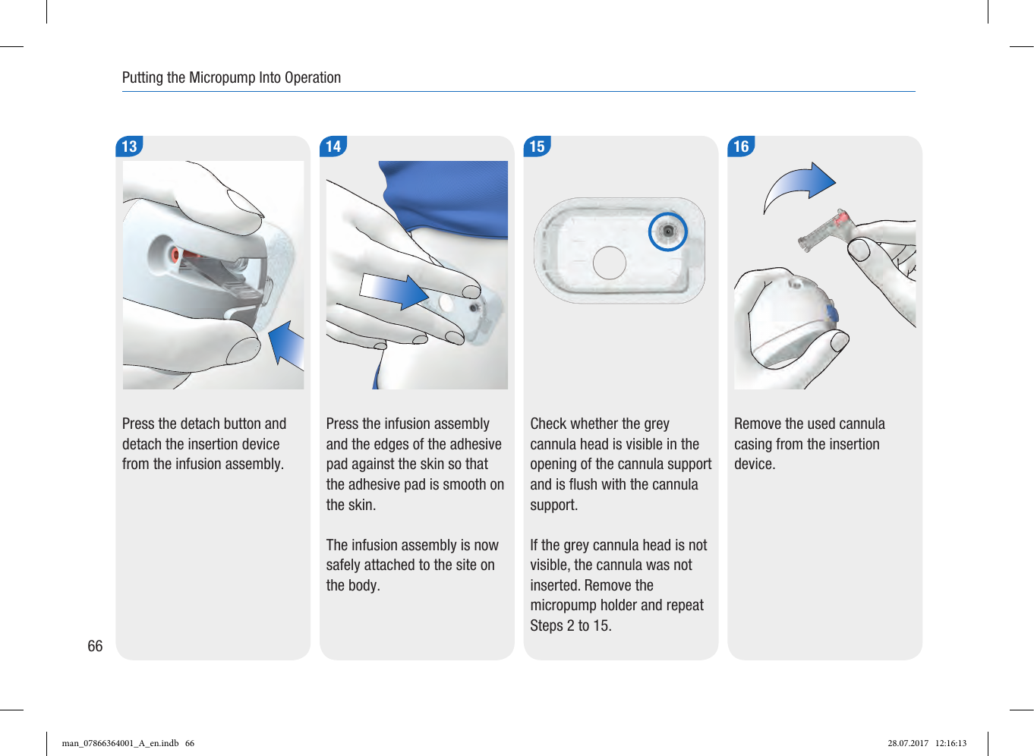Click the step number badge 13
coord(129,146)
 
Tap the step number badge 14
coord(333,146)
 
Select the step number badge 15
coord(537,146)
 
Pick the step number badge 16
coord(742,146)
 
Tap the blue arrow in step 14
coord(394,291)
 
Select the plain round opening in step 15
coord(610,263)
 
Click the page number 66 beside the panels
coord(95,646)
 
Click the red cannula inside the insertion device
coord(176,254)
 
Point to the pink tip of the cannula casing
coord(841,217)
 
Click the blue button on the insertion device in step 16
coord(832,313)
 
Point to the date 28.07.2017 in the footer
coord(908,743)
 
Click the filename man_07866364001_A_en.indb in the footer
coord(120,743)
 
